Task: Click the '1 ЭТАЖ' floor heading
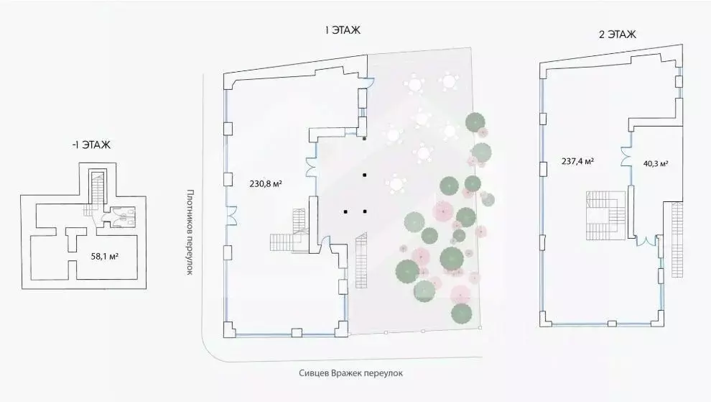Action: (x=342, y=30)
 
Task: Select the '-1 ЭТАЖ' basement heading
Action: (x=91, y=145)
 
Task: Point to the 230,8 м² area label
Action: (x=265, y=183)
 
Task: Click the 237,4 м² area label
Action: (x=577, y=162)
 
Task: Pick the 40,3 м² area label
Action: (x=655, y=163)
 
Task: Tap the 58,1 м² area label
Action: (x=106, y=255)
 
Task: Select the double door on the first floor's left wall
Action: (x=231, y=214)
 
